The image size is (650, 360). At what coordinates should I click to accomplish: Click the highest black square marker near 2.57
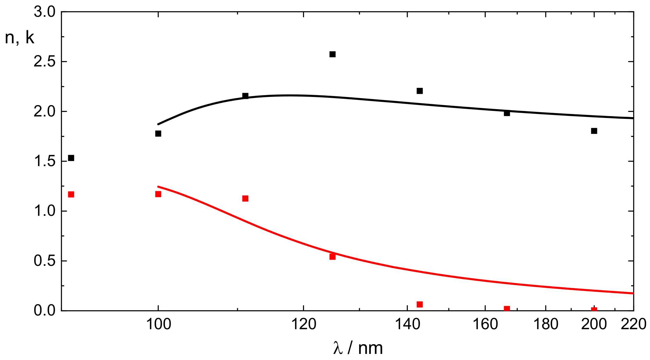[332, 54]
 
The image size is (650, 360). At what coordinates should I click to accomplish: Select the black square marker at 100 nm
[158, 134]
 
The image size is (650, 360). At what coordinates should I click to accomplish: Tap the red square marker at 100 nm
[158, 194]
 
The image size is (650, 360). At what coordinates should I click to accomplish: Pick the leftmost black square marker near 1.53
[71, 158]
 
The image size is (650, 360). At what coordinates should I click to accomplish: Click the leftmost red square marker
[71, 194]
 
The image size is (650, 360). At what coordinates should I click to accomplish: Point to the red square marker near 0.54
[332, 257]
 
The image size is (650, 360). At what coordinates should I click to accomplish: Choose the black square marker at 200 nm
[594, 131]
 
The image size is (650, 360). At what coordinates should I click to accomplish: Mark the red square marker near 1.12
[245, 198]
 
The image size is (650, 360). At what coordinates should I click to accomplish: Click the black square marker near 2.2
[420, 91]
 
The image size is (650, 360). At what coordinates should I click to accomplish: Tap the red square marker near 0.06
[420, 304]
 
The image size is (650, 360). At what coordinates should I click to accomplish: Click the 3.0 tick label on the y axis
[45, 12]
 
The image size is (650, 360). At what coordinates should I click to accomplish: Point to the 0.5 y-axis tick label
[45, 261]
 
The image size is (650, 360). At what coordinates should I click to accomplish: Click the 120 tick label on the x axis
[304, 324]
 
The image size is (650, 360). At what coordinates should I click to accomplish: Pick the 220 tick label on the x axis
[634, 324]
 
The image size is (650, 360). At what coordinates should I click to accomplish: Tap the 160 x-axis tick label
[485, 324]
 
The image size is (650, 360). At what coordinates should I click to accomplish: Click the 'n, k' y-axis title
[20, 38]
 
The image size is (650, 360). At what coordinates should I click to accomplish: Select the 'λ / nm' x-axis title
[358, 348]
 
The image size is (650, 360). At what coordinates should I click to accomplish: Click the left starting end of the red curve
[158, 187]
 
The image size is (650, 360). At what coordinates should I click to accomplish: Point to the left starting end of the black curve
[158, 124]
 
